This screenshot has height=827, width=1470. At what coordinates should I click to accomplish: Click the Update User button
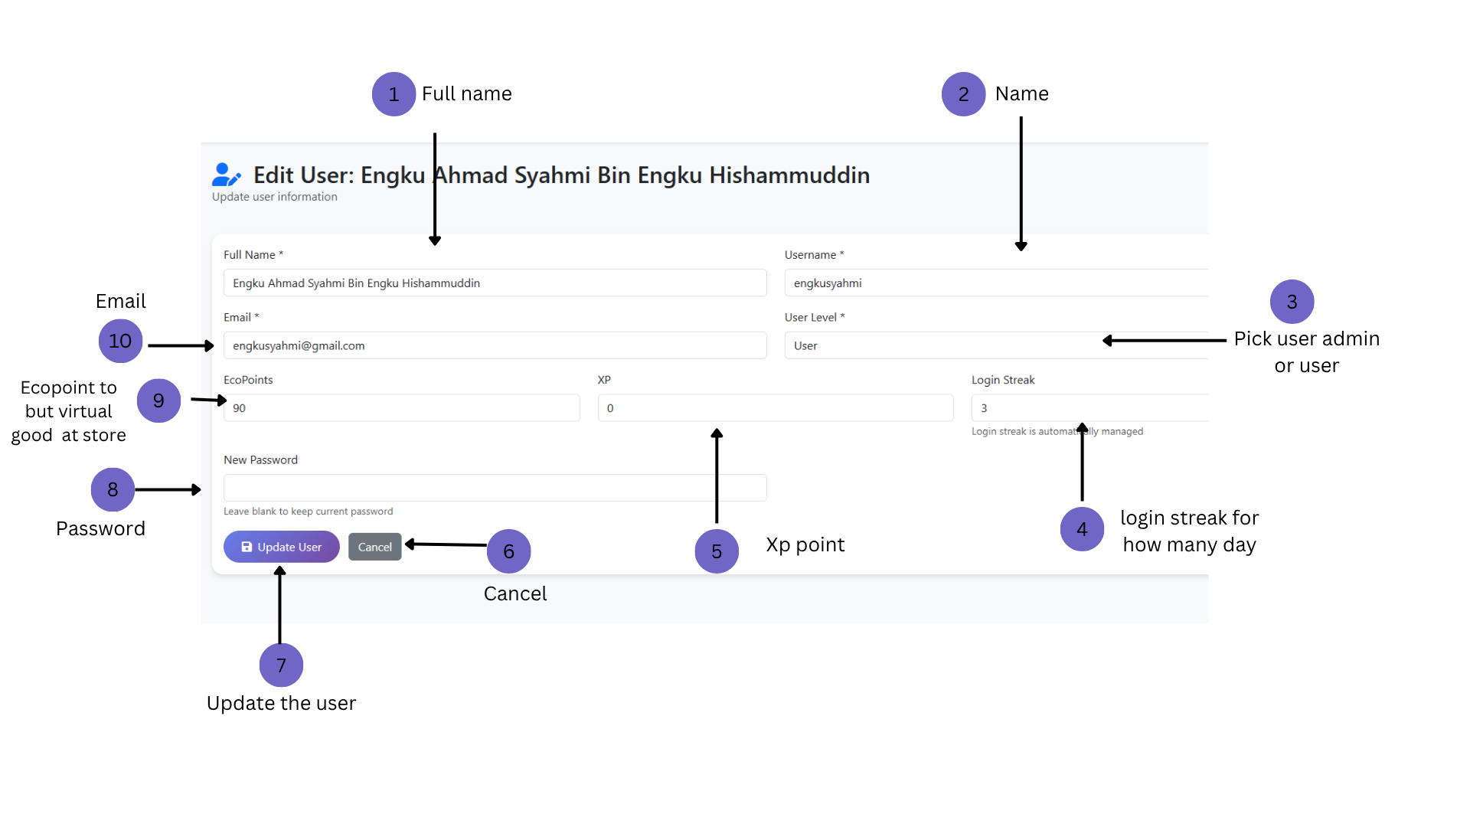point(281,547)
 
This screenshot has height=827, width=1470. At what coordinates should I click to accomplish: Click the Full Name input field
point(495,283)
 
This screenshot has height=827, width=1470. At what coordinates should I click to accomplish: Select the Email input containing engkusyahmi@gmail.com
point(495,345)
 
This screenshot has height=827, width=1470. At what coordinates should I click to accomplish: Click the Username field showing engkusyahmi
point(996,283)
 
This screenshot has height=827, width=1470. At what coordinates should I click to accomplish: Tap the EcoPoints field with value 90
point(401,408)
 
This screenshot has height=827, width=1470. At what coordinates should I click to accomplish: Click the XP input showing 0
point(776,408)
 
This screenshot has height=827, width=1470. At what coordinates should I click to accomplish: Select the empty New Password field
point(495,488)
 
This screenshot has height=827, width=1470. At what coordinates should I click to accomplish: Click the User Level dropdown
point(996,345)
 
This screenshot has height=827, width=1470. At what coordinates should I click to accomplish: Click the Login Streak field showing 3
point(1089,408)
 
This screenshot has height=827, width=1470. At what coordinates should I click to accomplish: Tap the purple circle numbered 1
point(394,94)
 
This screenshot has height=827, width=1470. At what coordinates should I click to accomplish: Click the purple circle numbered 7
point(281,665)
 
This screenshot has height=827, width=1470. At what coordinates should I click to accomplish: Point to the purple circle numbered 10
point(120,341)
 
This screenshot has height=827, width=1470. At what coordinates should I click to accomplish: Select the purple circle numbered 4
point(1082,529)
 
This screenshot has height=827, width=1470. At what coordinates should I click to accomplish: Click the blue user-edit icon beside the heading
point(226,175)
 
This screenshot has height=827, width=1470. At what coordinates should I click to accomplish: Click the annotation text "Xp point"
point(805,544)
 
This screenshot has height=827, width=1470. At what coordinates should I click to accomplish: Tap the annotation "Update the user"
point(281,703)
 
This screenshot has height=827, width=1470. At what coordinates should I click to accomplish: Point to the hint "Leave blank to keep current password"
point(308,512)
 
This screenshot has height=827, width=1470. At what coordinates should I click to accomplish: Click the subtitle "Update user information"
point(274,197)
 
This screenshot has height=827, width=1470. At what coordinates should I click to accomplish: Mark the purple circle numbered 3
point(1292,302)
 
